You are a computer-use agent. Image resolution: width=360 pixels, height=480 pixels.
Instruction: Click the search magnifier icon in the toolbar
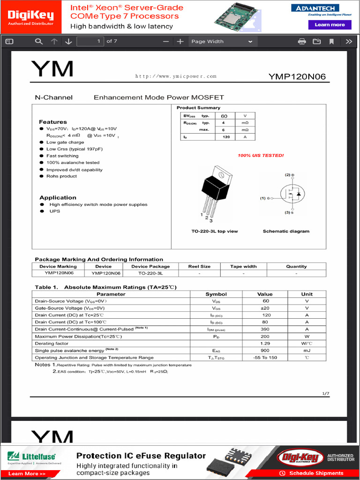click(x=39, y=41)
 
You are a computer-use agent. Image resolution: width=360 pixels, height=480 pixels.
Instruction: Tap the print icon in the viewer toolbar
click(x=302, y=41)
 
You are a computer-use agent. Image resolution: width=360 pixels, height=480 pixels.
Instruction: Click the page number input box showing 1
click(x=90, y=41)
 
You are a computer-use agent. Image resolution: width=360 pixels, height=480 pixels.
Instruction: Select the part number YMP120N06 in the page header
click(x=297, y=76)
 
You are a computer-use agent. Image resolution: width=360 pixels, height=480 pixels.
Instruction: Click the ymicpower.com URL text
click(x=176, y=76)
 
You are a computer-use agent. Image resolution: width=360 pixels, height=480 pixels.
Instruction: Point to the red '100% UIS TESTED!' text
click(x=261, y=156)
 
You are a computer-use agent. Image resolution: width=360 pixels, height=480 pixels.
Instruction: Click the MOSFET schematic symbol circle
click(x=292, y=193)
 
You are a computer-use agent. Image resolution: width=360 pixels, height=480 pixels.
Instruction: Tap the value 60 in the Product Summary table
click(x=224, y=116)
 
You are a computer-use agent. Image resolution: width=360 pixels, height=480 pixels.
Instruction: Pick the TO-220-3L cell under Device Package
click(x=150, y=273)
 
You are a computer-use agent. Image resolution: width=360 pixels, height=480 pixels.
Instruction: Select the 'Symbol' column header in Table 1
click(x=216, y=294)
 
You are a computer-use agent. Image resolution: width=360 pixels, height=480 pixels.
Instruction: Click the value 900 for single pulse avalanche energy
click(x=265, y=351)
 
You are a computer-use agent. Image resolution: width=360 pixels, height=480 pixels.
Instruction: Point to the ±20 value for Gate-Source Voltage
click(x=265, y=308)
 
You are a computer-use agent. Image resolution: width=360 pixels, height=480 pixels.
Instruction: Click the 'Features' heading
click(x=52, y=122)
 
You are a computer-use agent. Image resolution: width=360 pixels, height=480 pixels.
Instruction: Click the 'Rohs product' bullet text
click(x=61, y=176)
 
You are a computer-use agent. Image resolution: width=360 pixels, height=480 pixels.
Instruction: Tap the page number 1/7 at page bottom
click(x=326, y=393)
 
